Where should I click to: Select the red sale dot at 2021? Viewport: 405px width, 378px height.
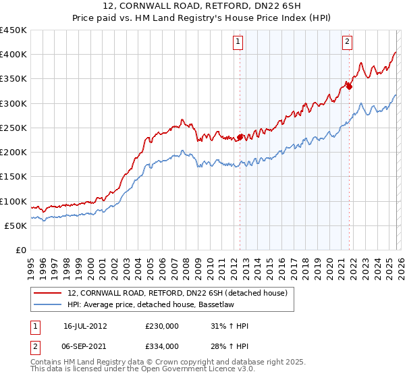click(349, 86)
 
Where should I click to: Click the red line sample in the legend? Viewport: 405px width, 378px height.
click(47, 293)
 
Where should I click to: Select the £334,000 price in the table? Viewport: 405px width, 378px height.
click(162, 346)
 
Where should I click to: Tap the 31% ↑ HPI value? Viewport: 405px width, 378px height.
click(230, 326)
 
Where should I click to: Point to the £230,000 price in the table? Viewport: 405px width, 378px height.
click(162, 326)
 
